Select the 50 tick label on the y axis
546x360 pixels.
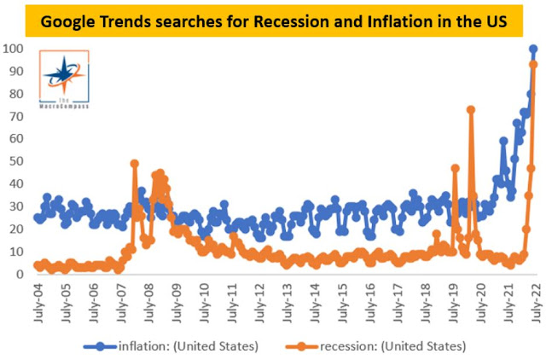(17, 161)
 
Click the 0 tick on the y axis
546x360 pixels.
(20, 275)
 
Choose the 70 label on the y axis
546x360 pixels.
(17, 116)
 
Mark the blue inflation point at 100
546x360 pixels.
(533, 49)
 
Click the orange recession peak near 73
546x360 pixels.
(471, 109)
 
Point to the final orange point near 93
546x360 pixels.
(534, 64)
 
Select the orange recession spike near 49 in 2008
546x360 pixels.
(135, 164)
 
